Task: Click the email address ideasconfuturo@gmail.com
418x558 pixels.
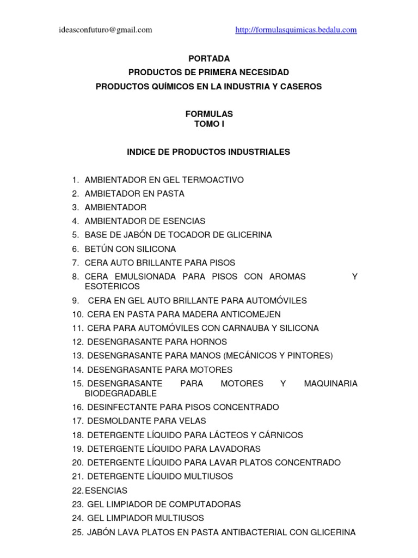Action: point(106,30)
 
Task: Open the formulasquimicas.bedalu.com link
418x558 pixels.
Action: point(296,30)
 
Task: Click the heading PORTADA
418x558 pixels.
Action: point(208,58)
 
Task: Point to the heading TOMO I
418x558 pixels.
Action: point(208,124)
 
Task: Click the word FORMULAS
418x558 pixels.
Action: point(208,114)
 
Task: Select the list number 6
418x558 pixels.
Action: point(75,249)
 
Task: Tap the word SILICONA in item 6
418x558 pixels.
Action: point(157,249)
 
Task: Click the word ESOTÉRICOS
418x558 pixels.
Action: point(112,286)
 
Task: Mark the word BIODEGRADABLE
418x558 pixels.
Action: point(121,393)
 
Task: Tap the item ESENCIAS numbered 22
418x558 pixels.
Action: point(107,490)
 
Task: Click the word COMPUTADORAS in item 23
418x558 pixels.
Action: point(202,504)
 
